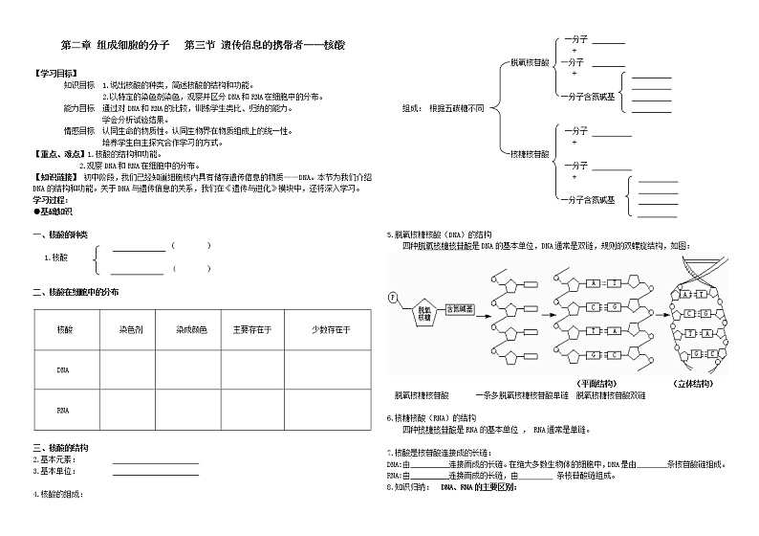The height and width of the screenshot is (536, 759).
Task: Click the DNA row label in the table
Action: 64,369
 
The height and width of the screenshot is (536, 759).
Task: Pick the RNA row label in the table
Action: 64,409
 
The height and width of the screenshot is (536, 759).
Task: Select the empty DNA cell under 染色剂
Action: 131,369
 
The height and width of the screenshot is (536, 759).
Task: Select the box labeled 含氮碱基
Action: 464,308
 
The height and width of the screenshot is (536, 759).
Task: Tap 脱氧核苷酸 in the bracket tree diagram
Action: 530,61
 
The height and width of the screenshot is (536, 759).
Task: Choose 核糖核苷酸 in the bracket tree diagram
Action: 530,152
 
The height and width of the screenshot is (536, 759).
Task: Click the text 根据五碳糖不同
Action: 456,108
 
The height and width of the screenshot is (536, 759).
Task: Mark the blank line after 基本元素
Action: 155,460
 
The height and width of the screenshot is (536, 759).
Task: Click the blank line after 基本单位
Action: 155,471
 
